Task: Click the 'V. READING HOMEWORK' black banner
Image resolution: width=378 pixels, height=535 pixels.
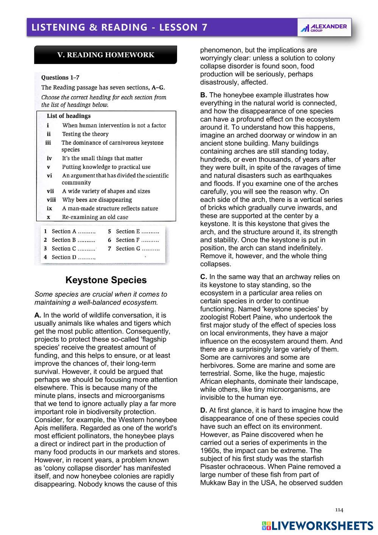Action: (106, 55)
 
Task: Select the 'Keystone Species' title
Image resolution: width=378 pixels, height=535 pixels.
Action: (106, 280)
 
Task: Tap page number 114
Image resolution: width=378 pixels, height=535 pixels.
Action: (339, 510)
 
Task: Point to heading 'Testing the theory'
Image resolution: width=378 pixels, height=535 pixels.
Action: (85, 134)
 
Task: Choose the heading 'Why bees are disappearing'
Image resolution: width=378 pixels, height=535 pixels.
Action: (97, 200)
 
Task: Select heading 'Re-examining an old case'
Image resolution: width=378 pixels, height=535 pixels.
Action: (95, 217)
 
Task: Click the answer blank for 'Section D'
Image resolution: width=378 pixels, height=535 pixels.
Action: (87, 257)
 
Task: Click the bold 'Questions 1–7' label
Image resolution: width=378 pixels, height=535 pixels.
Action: (60, 78)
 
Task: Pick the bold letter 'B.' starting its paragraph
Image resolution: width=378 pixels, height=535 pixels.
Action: (204, 95)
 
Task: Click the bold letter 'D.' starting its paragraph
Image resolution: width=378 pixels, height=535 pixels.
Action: (204, 410)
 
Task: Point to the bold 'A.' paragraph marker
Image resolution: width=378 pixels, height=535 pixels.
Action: (37, 315)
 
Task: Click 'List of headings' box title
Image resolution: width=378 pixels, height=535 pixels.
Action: (68, 116)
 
